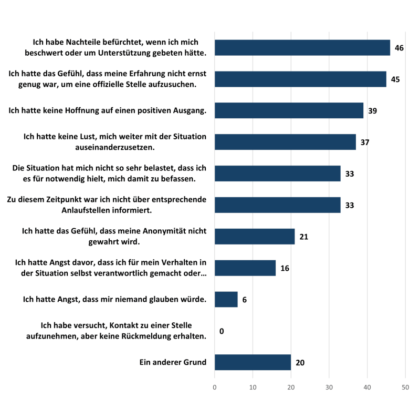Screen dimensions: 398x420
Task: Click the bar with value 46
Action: coord(302,48)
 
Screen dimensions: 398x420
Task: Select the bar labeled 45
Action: coord(300,79)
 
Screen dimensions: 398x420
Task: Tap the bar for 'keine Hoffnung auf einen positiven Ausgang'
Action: coord(289,110)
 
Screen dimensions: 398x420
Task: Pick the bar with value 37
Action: coord(285,142)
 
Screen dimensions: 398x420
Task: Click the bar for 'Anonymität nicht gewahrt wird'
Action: coord(255,237)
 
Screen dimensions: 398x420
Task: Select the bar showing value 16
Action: coord(245,268)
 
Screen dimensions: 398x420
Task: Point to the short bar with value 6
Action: coord(226,300)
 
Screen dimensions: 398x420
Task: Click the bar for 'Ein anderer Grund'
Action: coord(253,362)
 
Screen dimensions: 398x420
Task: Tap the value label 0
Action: coord(222,331)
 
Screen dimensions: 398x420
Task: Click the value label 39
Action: coord(373,111)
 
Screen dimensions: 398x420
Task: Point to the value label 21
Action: coord(303,237)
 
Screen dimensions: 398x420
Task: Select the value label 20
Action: coord(300,363)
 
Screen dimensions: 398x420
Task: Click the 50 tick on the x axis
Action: coord(405,387)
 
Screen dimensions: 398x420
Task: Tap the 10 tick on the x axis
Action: coord(253,387)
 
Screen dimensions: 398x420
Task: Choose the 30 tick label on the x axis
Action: coord(329,387)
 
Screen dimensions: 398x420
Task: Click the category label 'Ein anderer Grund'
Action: coord(173,362)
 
